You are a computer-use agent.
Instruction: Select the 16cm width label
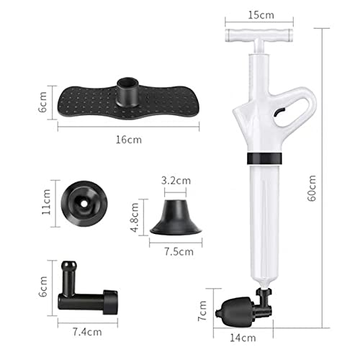click(130, 140)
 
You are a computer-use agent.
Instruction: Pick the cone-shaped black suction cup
click(174, 217)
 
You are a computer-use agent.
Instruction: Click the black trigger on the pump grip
click(282, 112)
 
